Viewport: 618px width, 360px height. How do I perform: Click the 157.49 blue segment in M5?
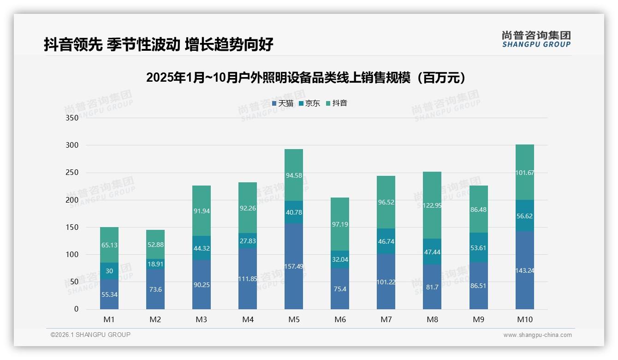(294, 266)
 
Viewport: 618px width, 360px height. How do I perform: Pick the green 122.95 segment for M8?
(432, 205)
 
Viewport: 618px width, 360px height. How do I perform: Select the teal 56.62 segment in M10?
(524, 216)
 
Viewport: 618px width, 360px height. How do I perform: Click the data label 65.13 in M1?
(109, 245)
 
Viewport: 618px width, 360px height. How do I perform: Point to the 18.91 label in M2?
(155, 264)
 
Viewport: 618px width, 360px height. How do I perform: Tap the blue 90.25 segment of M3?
(202, 285)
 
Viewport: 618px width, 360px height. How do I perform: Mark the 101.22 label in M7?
(386, 282)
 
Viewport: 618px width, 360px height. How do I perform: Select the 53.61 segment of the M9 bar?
(478, 247)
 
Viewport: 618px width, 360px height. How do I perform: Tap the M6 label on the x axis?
(340, 319)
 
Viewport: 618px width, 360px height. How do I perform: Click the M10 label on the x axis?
(524, 319)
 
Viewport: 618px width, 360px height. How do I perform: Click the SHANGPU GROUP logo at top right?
(536, 39)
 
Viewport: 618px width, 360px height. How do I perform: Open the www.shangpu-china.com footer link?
(537, 335)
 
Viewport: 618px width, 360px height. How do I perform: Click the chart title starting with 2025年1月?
(305, 78)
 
